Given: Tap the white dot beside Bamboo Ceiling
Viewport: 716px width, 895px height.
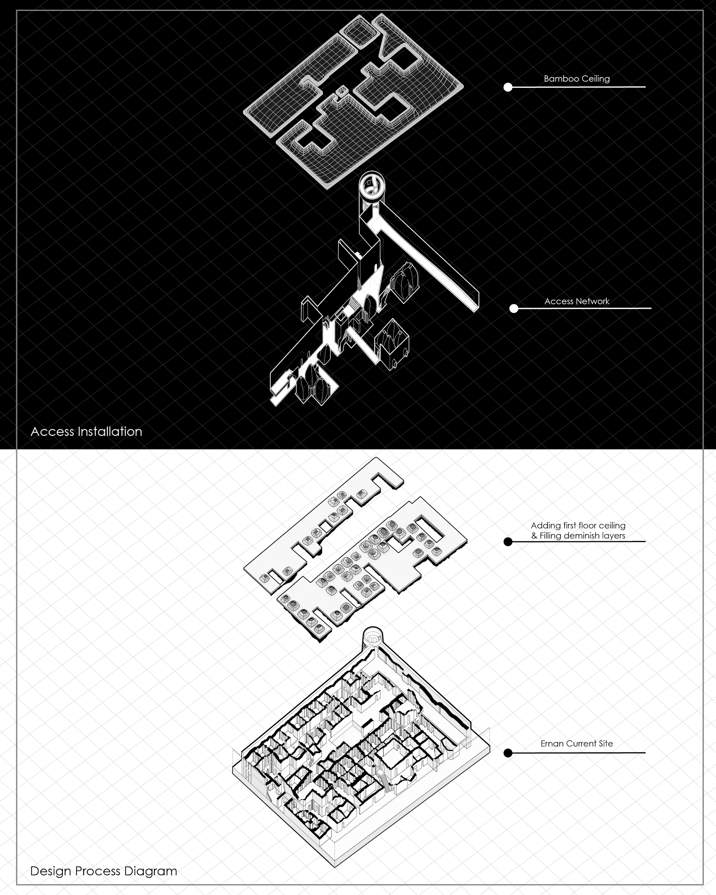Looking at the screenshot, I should pos(508,87).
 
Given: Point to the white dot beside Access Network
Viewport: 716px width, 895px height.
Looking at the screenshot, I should pos(514,308).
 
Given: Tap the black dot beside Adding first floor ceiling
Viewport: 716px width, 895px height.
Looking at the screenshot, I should pos(508,542).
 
